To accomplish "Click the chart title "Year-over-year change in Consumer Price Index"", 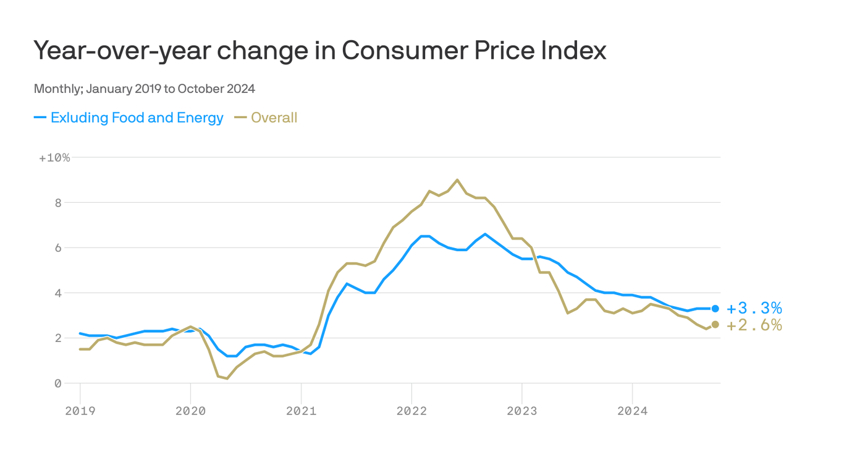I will coord(319,51).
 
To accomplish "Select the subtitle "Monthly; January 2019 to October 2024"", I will coord(144,88).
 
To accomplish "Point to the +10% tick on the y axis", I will coord(54,158).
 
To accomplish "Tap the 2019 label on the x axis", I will coord(80,411).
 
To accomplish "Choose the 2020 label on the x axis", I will coord(190,411).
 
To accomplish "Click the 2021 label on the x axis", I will coord(301,411).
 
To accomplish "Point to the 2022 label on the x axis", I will coord(411,411).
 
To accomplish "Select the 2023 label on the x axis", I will coord(522,411).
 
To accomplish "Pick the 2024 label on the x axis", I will coord(633,411).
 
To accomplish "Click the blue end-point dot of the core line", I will coord(715,309).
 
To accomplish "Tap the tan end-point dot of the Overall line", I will coord(715,325).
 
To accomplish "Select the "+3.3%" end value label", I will coord(754,309).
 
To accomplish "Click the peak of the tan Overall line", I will coord(457,180).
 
